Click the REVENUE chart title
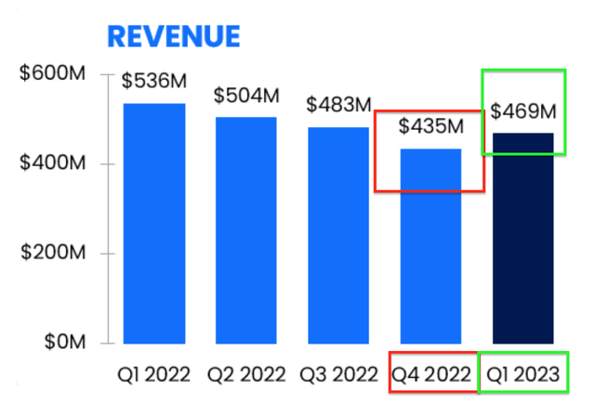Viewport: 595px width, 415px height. click(x=174, y=36)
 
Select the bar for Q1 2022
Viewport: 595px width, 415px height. click(x=154, y=223)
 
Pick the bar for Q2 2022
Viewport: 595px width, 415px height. click(x=245, y=229)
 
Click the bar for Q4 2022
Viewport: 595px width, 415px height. click(x=430, y=245)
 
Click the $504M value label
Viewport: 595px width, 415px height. click(x=245, y=96)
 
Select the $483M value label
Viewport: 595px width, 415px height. click(x=337, y=105)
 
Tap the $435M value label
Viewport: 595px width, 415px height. click(x=430, y=125)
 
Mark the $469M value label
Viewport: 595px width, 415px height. click(x=522, y=111)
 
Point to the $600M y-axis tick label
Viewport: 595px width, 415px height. click(x=54, y=74)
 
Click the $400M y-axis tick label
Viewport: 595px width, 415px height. click(x=54, y=164)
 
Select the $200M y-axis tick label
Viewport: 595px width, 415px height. click(x=54, y=253)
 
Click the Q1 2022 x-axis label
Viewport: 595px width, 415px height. click(x=154, y=375)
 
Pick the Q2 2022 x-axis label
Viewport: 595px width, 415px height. click(x=245, y=375)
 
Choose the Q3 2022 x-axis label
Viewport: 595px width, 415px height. click(x=337, y=375)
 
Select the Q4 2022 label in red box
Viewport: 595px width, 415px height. click(x=430, y=375)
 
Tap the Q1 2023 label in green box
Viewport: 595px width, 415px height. click(x=522, y=375)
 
